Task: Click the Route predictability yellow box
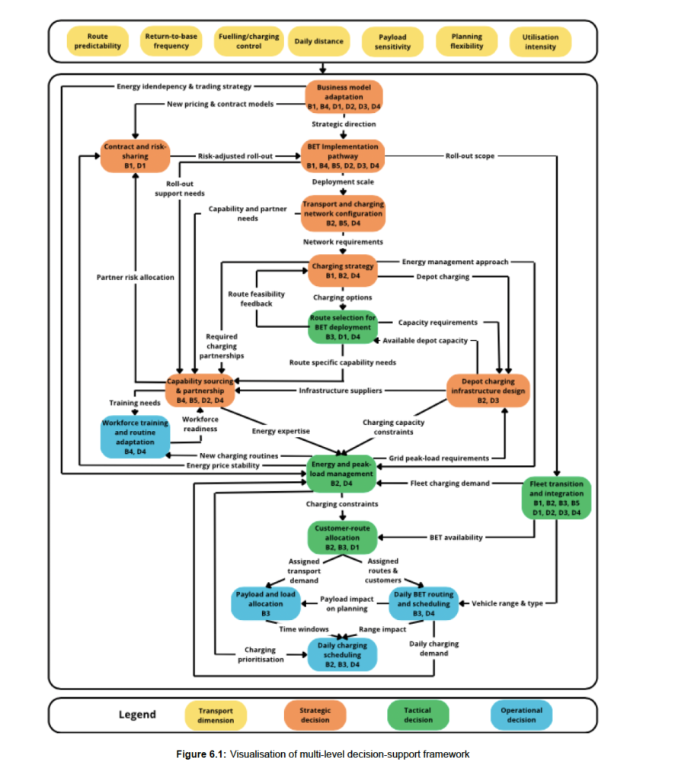(x=98, y=41)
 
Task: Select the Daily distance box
(x=319, y=41)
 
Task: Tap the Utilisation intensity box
(x=540, y=42)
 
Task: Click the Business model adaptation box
(x=344, y=97)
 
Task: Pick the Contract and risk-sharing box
(x=135, y=156)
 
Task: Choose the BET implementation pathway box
(x=343, y=156)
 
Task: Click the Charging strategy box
(x=343, y=271)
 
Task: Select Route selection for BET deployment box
(x=343, y=327)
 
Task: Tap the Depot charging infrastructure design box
(x=488, y=390)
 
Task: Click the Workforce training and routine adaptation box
(x=135, y=437)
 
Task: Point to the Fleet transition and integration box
(x=556, y=498)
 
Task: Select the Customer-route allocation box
(x=342, y=538)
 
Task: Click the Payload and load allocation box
(x=266, y=604)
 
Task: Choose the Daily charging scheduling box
(x=342, y=654)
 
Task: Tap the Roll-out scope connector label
(x=470, y=156)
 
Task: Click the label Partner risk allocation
(x=136, y=277)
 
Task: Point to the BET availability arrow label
(x=456, y=538)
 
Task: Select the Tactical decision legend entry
(x=417, y=715)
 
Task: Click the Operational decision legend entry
(x=521, y=715)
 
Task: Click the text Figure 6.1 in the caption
(x=200, y=754)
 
